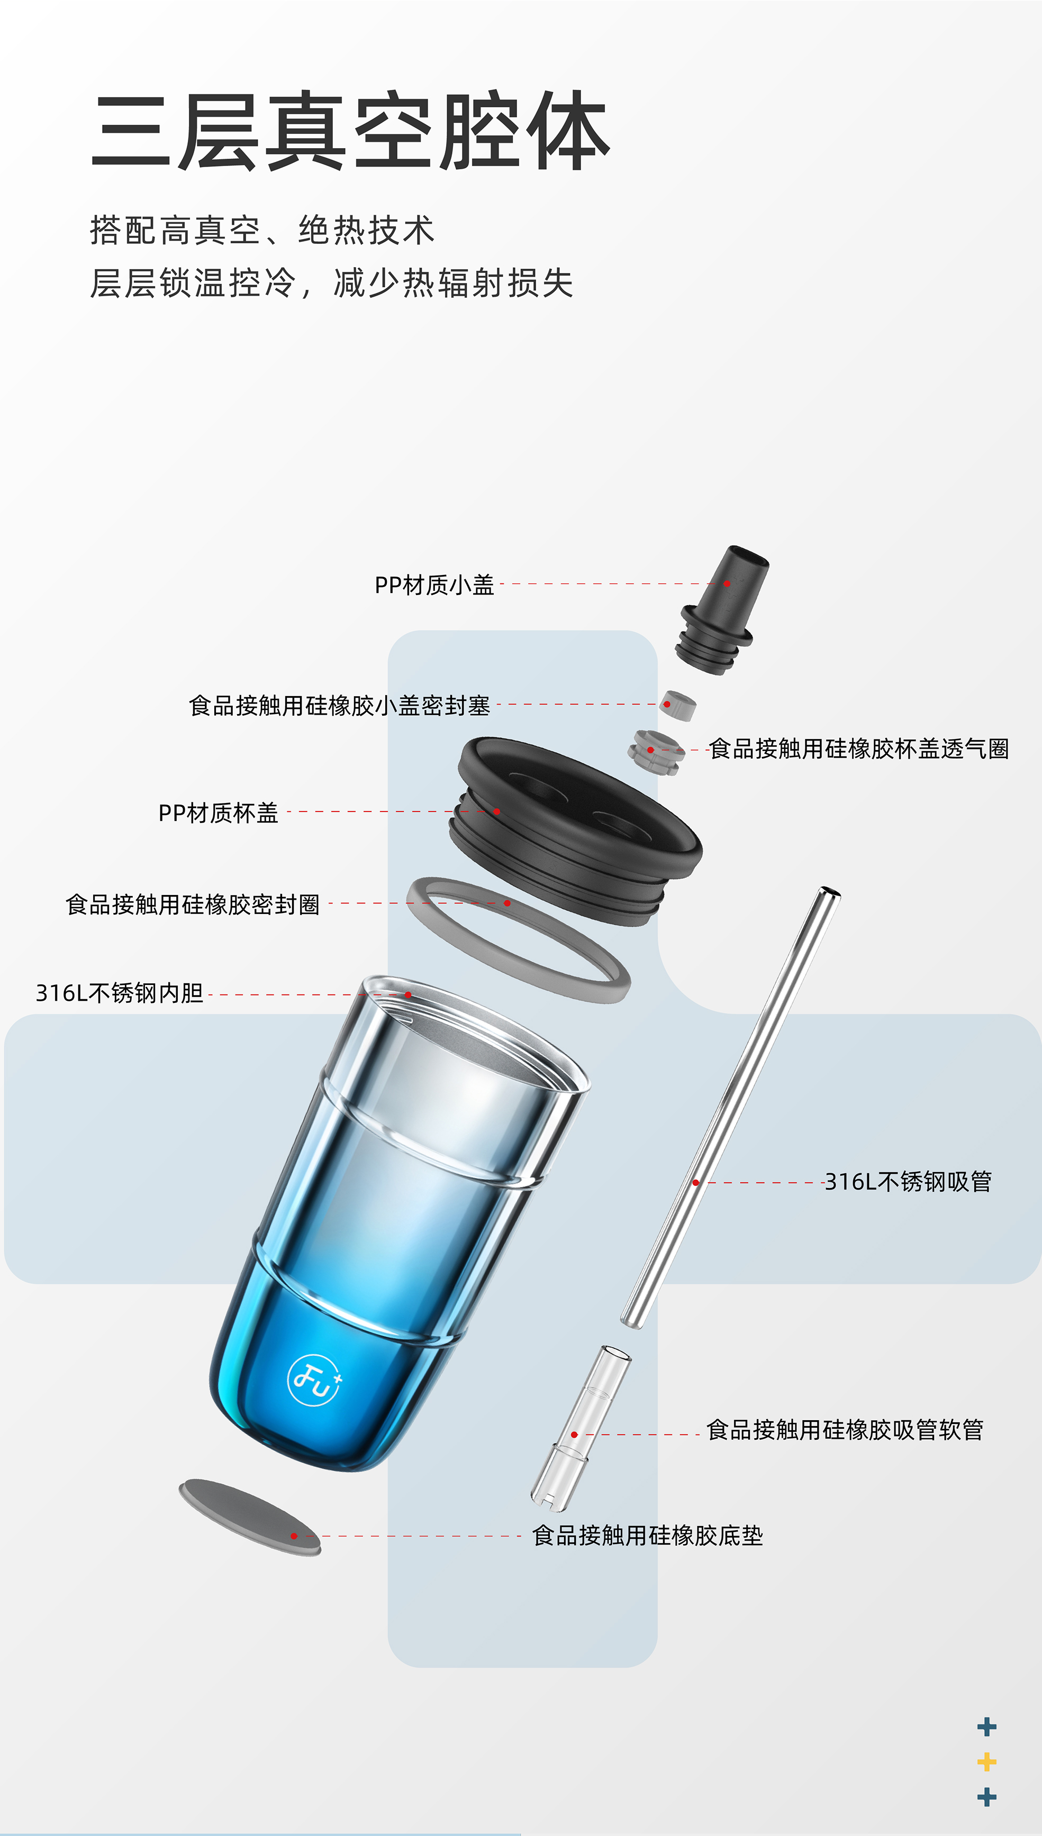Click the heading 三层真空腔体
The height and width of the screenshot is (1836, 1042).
point(351,131)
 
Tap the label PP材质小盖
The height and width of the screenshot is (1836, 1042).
point(434,585)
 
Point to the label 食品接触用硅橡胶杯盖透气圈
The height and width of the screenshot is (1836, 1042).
point(859,749)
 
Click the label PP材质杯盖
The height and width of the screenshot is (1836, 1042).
point(218,813)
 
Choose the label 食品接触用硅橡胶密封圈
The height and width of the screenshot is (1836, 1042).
point(193,905)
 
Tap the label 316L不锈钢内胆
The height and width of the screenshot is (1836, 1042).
point(120,993)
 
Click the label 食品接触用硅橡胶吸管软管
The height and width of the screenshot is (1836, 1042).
point(845,1430)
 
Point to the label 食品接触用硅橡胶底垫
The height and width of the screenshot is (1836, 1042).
point(648,1536)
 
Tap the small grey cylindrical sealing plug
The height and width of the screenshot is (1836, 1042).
point(678,705)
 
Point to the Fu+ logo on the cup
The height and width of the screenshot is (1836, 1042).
point(315,1380)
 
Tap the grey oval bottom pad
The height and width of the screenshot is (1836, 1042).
point(250,1517)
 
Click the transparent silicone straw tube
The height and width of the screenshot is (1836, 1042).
point(581,1428)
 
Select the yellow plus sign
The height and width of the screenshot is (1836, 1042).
point(987,1761)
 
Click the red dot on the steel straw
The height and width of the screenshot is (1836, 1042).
point(695,1182)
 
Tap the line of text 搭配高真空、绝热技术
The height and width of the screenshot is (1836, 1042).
point(262,230)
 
